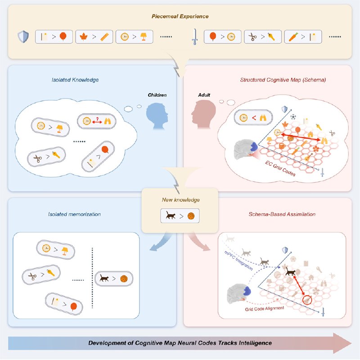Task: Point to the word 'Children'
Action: tap(157, 96)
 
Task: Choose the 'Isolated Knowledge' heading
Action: tap(75, 80)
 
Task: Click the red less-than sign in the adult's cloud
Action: tap(254, 117)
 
